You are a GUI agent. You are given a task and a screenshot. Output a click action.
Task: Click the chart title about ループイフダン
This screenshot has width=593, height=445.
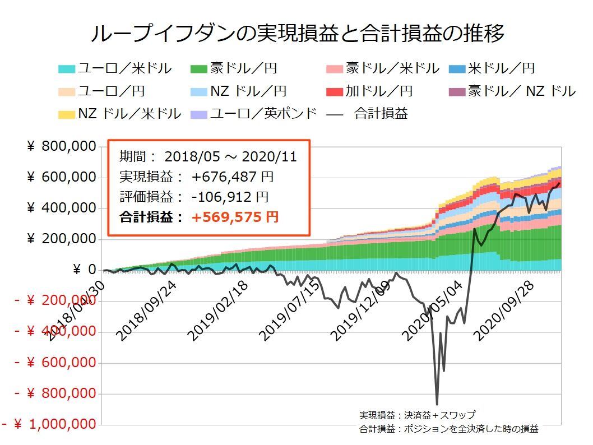point(297,34)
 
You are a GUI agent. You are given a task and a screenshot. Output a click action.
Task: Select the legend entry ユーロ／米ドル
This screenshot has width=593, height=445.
point(115,69)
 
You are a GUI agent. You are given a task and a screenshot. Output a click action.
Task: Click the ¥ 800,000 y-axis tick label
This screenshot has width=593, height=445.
point(62,147)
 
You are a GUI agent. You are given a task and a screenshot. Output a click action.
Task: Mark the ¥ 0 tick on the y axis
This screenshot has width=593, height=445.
point(84,270)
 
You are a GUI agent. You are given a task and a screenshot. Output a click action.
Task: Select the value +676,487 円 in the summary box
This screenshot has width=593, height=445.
point(233,177)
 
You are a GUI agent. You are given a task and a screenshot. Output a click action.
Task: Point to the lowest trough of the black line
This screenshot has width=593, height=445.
point(437,404)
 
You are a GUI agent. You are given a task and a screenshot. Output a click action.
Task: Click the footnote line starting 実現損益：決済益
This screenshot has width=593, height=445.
point(417,415)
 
